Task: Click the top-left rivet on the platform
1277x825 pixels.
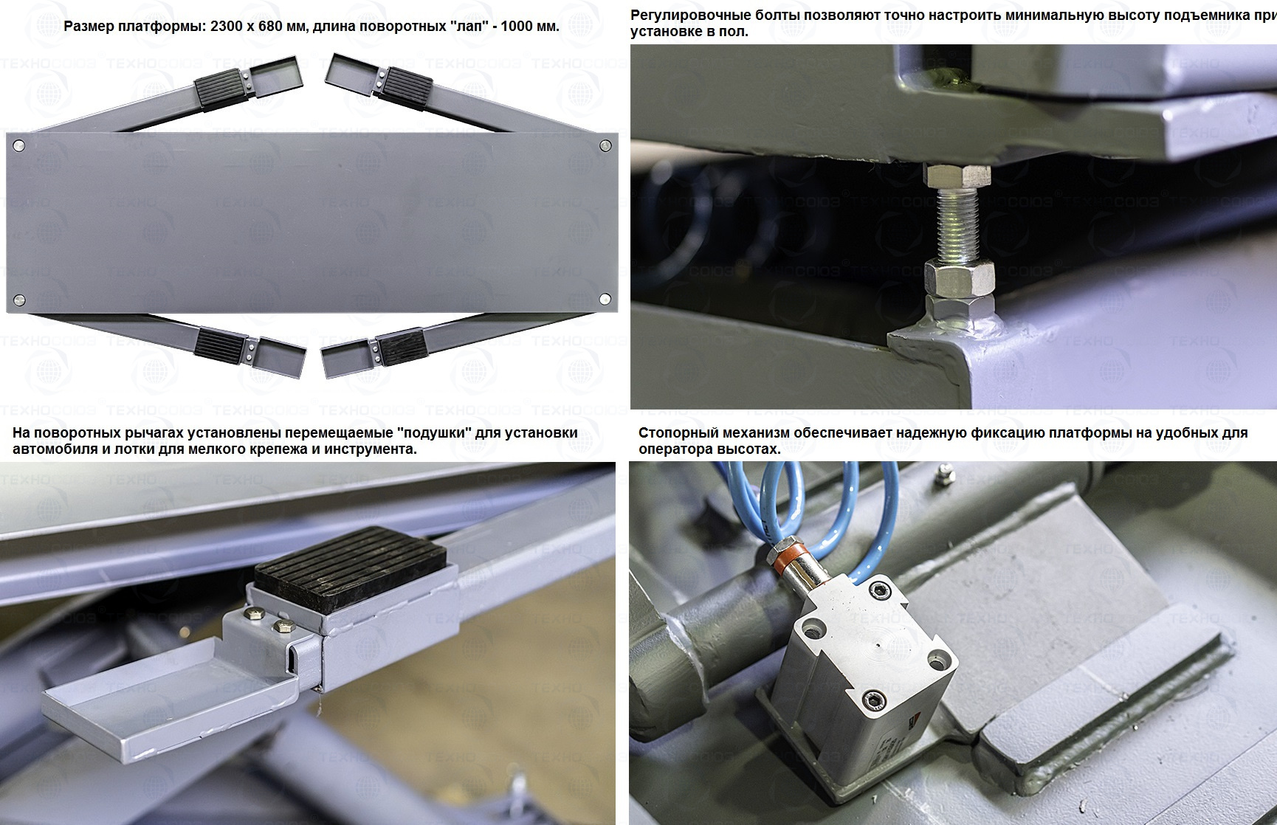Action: (19, 145)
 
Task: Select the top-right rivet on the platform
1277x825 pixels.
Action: (605, 145)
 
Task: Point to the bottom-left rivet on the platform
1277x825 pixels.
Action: (19, 300)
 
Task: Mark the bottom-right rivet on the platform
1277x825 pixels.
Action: (605, 299)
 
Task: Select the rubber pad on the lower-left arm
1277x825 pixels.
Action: (220, 343)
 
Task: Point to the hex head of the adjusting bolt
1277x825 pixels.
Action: (957, 176)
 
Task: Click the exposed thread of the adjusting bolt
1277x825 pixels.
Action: (957, 223)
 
